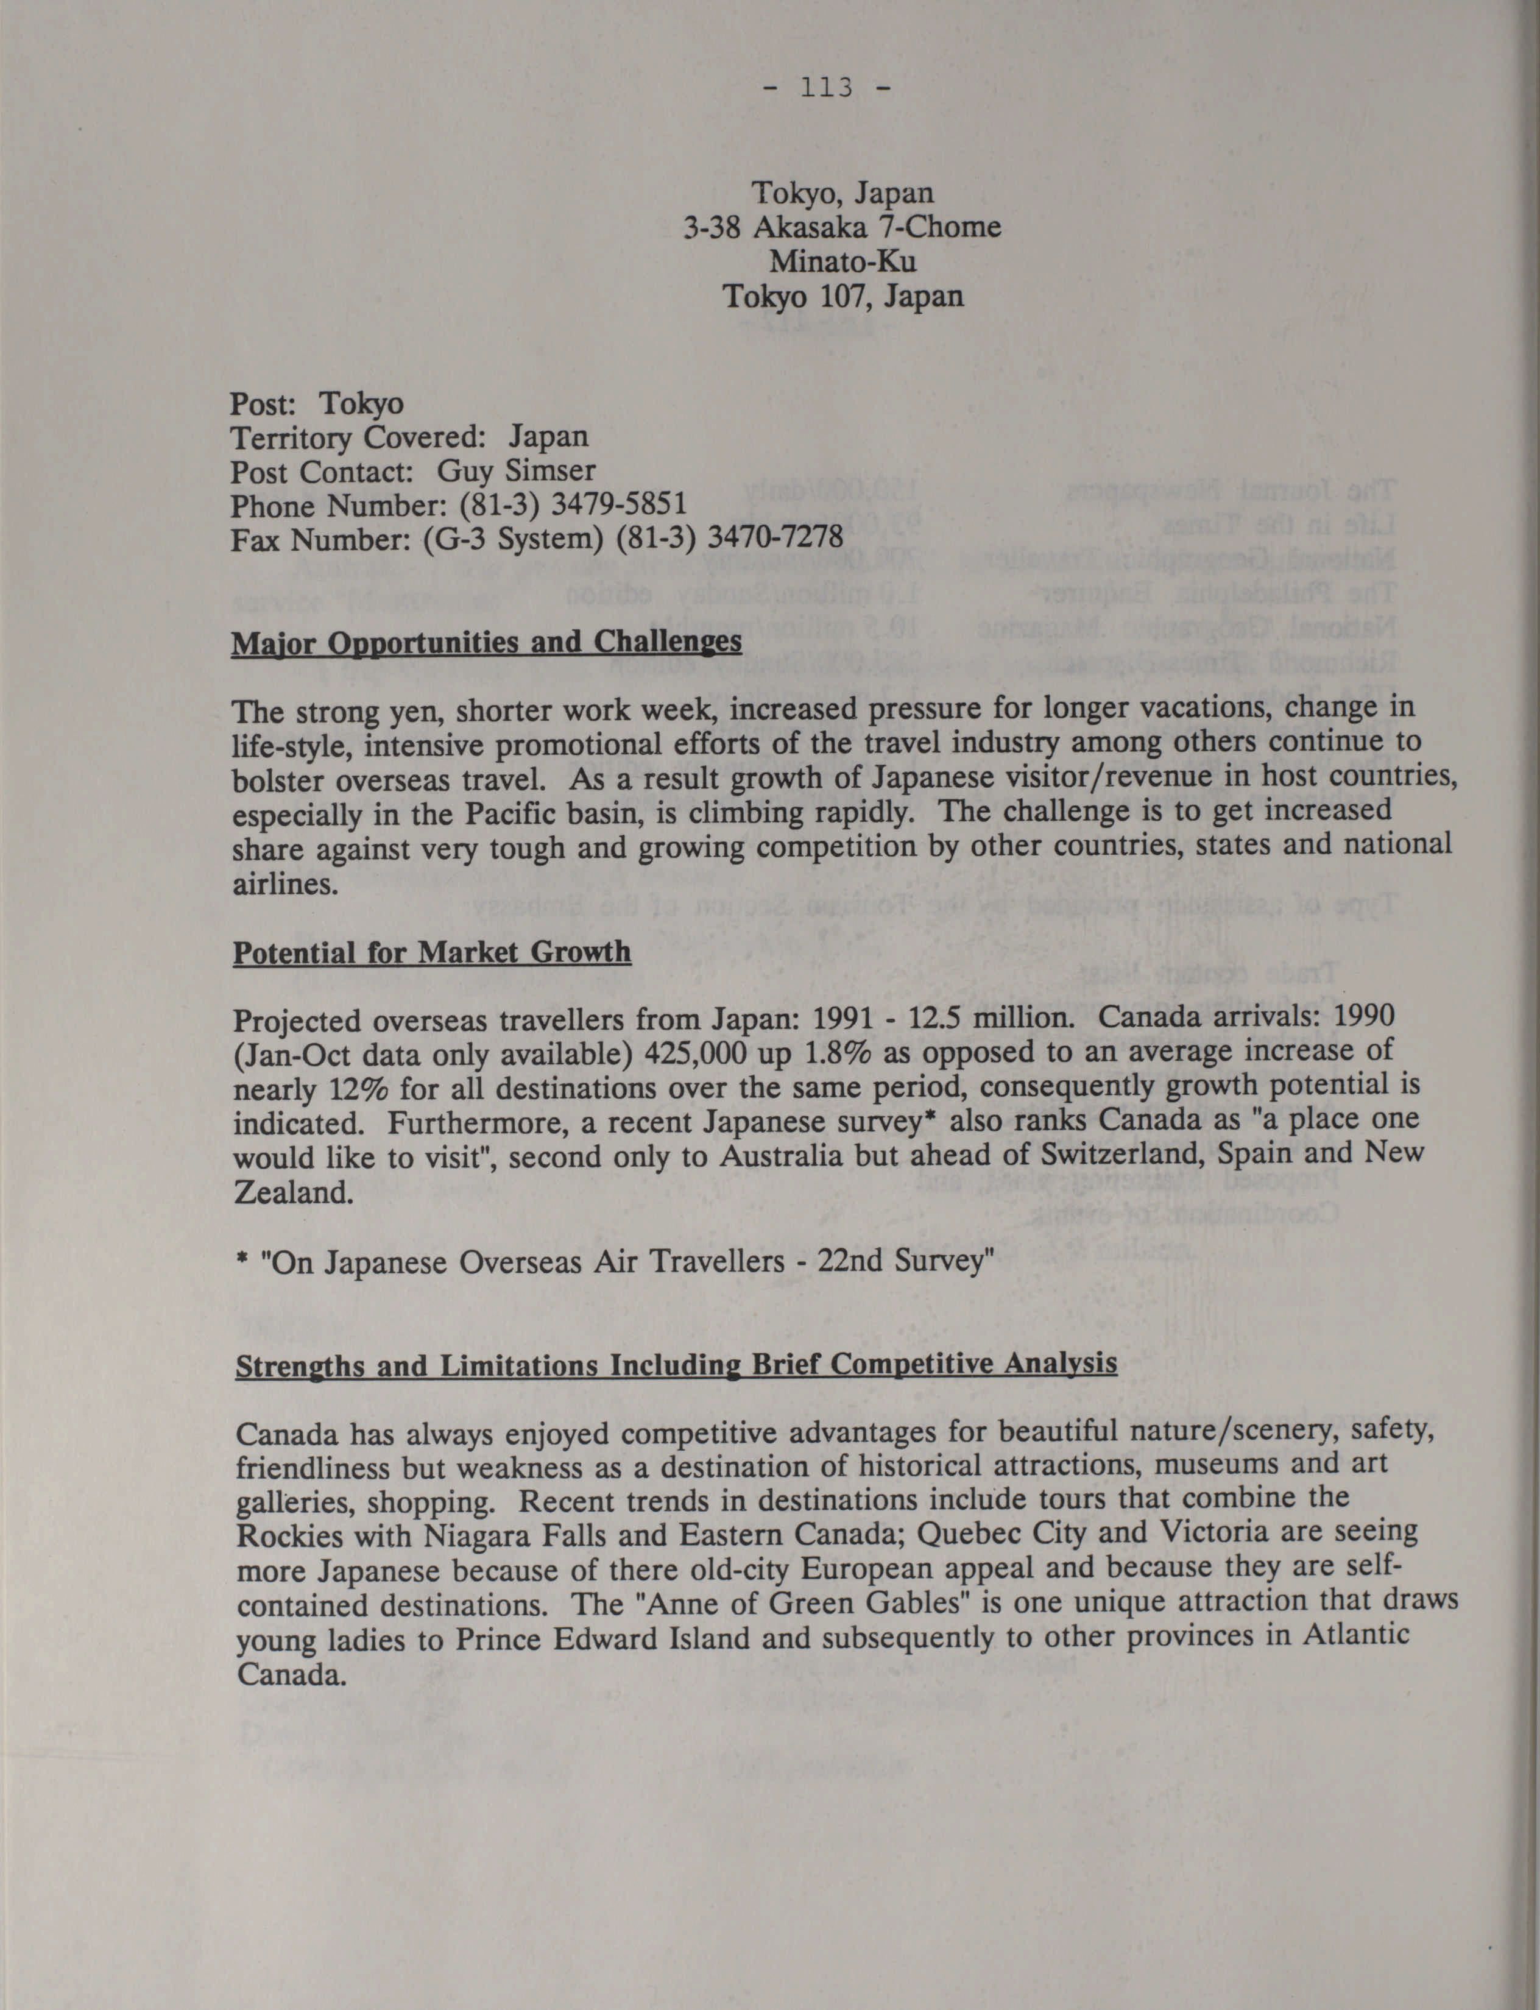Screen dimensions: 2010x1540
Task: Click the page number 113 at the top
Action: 827,88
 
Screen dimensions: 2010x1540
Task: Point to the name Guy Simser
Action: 516,471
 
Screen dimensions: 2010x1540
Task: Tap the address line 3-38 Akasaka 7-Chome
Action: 841,227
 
